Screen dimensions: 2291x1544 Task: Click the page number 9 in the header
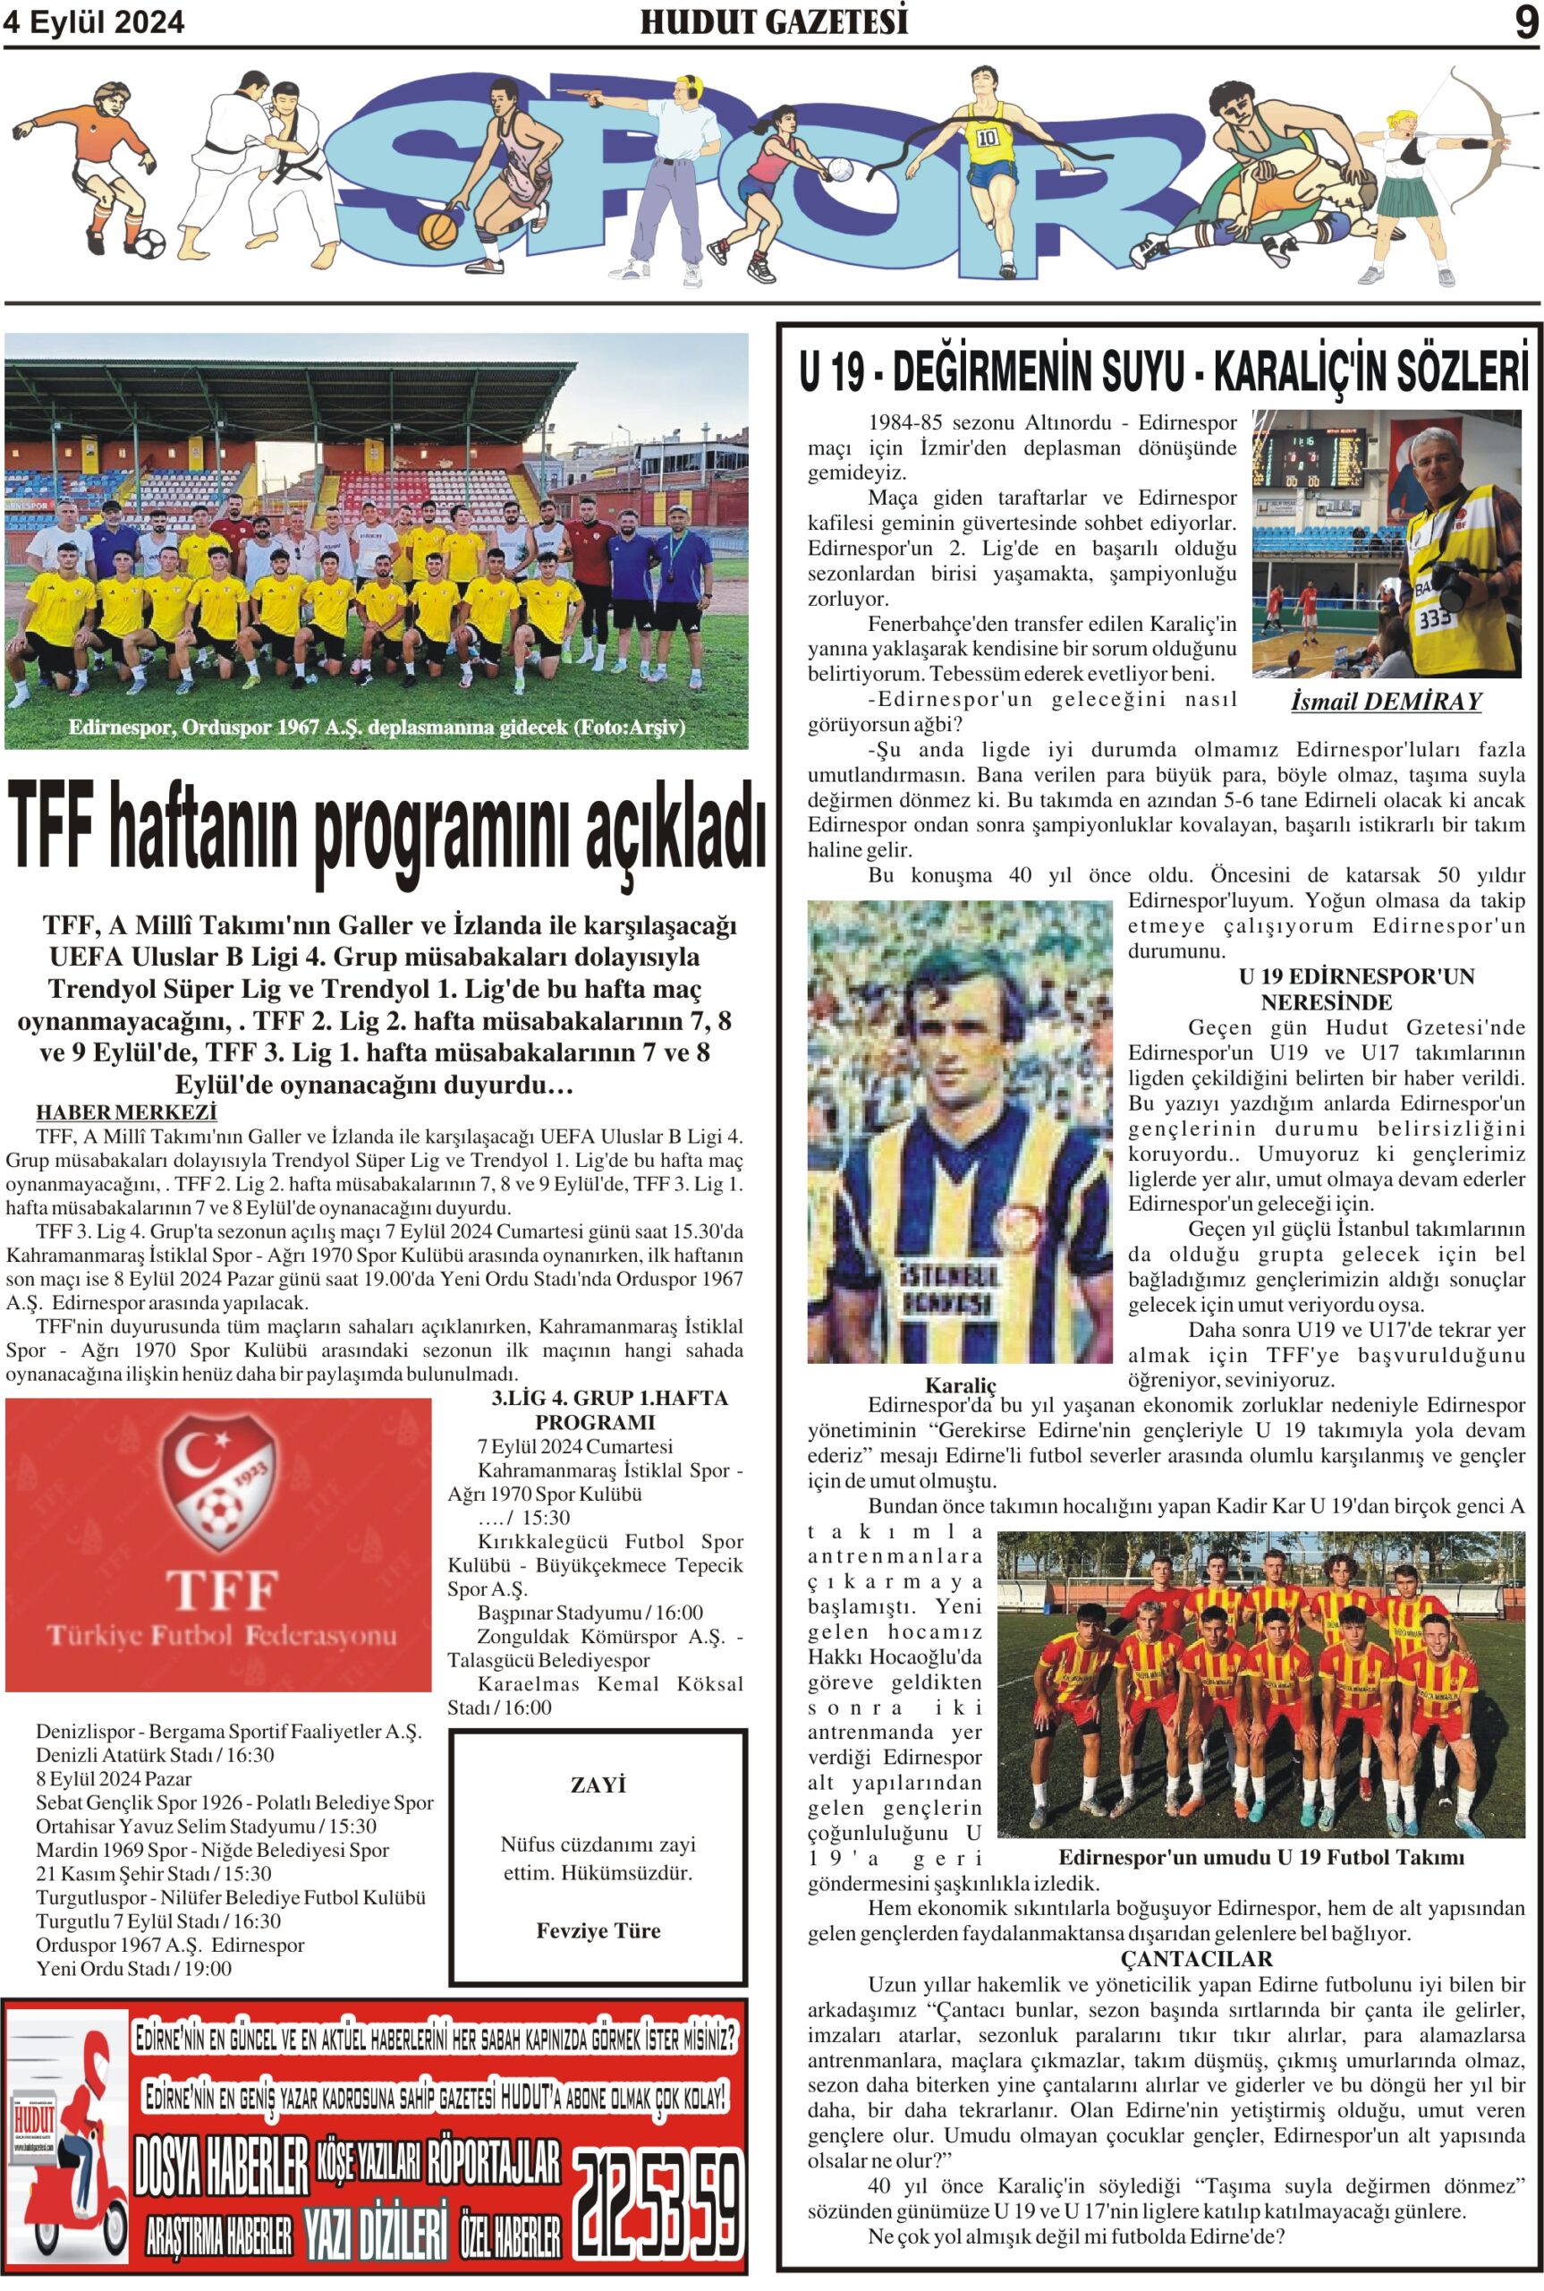pyautogui.click(x=1525, y=21)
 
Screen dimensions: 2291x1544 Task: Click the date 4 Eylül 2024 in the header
pyautogui.click(x=94, y=22)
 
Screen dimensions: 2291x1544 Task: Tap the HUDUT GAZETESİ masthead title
pyautogui.click(x=773, y=21)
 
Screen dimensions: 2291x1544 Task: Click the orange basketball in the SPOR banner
pyautogui.click(x=438, y=231)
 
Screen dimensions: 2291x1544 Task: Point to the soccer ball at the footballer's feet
pyautogui.click(x=148, y=243)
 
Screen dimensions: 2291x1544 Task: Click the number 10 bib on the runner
pyautogui.click(x=988, y=138)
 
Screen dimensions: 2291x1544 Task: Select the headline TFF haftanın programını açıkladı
pyautogui.click(x=386, y=832)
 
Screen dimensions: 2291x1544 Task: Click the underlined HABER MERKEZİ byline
pyautogui.click(x=126, y=1112)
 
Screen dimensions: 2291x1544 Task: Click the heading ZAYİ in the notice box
pyautogui.click(x=598, y=1784)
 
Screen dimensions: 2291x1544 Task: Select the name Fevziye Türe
pyautogui.click(x=598, y=1929)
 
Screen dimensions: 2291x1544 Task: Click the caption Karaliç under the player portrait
pyautogui.click(x=960, y=1384)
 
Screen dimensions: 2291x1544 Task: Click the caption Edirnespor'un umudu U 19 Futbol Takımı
pyautogui.click(x=1260, y=1857)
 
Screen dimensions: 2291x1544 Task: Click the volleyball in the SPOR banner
pyautogui.click(x=839, y=168)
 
